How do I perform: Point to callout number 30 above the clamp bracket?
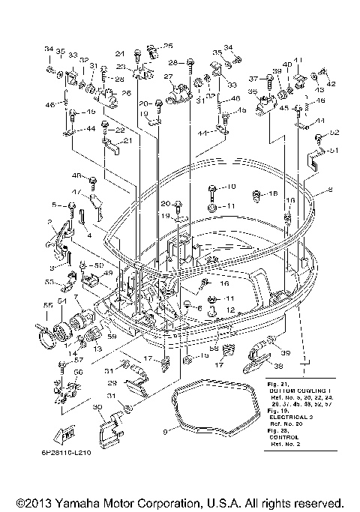(97, 407)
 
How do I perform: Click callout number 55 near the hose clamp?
(46, 305)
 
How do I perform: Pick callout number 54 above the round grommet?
(61, 301)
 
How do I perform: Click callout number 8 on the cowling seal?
(328, 192)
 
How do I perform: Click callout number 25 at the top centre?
(168, 46)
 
